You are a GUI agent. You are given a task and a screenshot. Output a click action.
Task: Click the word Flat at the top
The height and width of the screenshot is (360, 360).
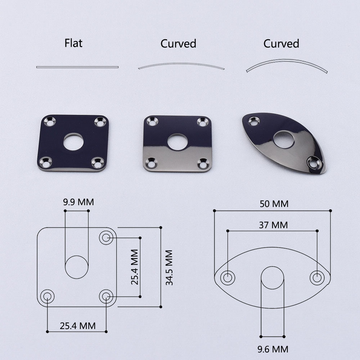click(73, 43)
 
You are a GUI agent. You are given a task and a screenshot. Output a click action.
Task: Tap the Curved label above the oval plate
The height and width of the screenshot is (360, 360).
click(281, 44)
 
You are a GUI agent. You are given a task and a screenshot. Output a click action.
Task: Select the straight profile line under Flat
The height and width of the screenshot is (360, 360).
click(77, 67)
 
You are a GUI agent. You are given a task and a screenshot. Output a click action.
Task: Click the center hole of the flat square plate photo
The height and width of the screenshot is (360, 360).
click(73, 142)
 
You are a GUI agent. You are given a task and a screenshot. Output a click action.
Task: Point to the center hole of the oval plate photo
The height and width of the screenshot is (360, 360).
click(283, 139)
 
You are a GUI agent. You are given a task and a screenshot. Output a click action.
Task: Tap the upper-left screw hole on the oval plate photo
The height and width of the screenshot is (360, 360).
click(254, 122)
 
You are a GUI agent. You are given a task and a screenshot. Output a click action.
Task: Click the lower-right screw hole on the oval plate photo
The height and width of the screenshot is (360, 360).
click(314, 163)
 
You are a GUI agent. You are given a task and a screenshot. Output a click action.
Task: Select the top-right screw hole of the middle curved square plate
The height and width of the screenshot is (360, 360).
click(203, 122)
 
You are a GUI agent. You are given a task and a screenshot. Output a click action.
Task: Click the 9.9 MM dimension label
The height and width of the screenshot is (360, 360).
click(78, 202)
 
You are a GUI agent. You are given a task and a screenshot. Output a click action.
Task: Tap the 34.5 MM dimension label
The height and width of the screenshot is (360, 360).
click(169, 267)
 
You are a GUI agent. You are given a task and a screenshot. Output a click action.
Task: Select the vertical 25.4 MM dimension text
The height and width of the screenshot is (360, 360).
click(135, 267)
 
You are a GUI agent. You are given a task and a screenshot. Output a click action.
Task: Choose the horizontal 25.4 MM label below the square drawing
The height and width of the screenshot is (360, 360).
click(78, 326)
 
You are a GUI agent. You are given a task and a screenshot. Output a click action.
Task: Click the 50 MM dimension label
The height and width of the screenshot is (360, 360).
click(274, 204)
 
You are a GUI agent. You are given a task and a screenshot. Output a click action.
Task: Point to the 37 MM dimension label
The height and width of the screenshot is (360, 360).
click(273, 225)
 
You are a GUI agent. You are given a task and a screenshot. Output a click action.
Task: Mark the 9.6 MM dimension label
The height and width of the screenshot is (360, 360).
click(273, 349)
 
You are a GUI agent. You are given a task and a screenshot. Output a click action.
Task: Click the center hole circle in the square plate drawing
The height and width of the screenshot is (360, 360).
click(77, 267)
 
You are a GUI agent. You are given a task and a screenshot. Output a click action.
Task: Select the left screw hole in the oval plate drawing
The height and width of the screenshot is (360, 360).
click(228, 278)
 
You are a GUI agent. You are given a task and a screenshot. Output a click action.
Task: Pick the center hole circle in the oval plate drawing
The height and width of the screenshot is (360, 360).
click(272, 278)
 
